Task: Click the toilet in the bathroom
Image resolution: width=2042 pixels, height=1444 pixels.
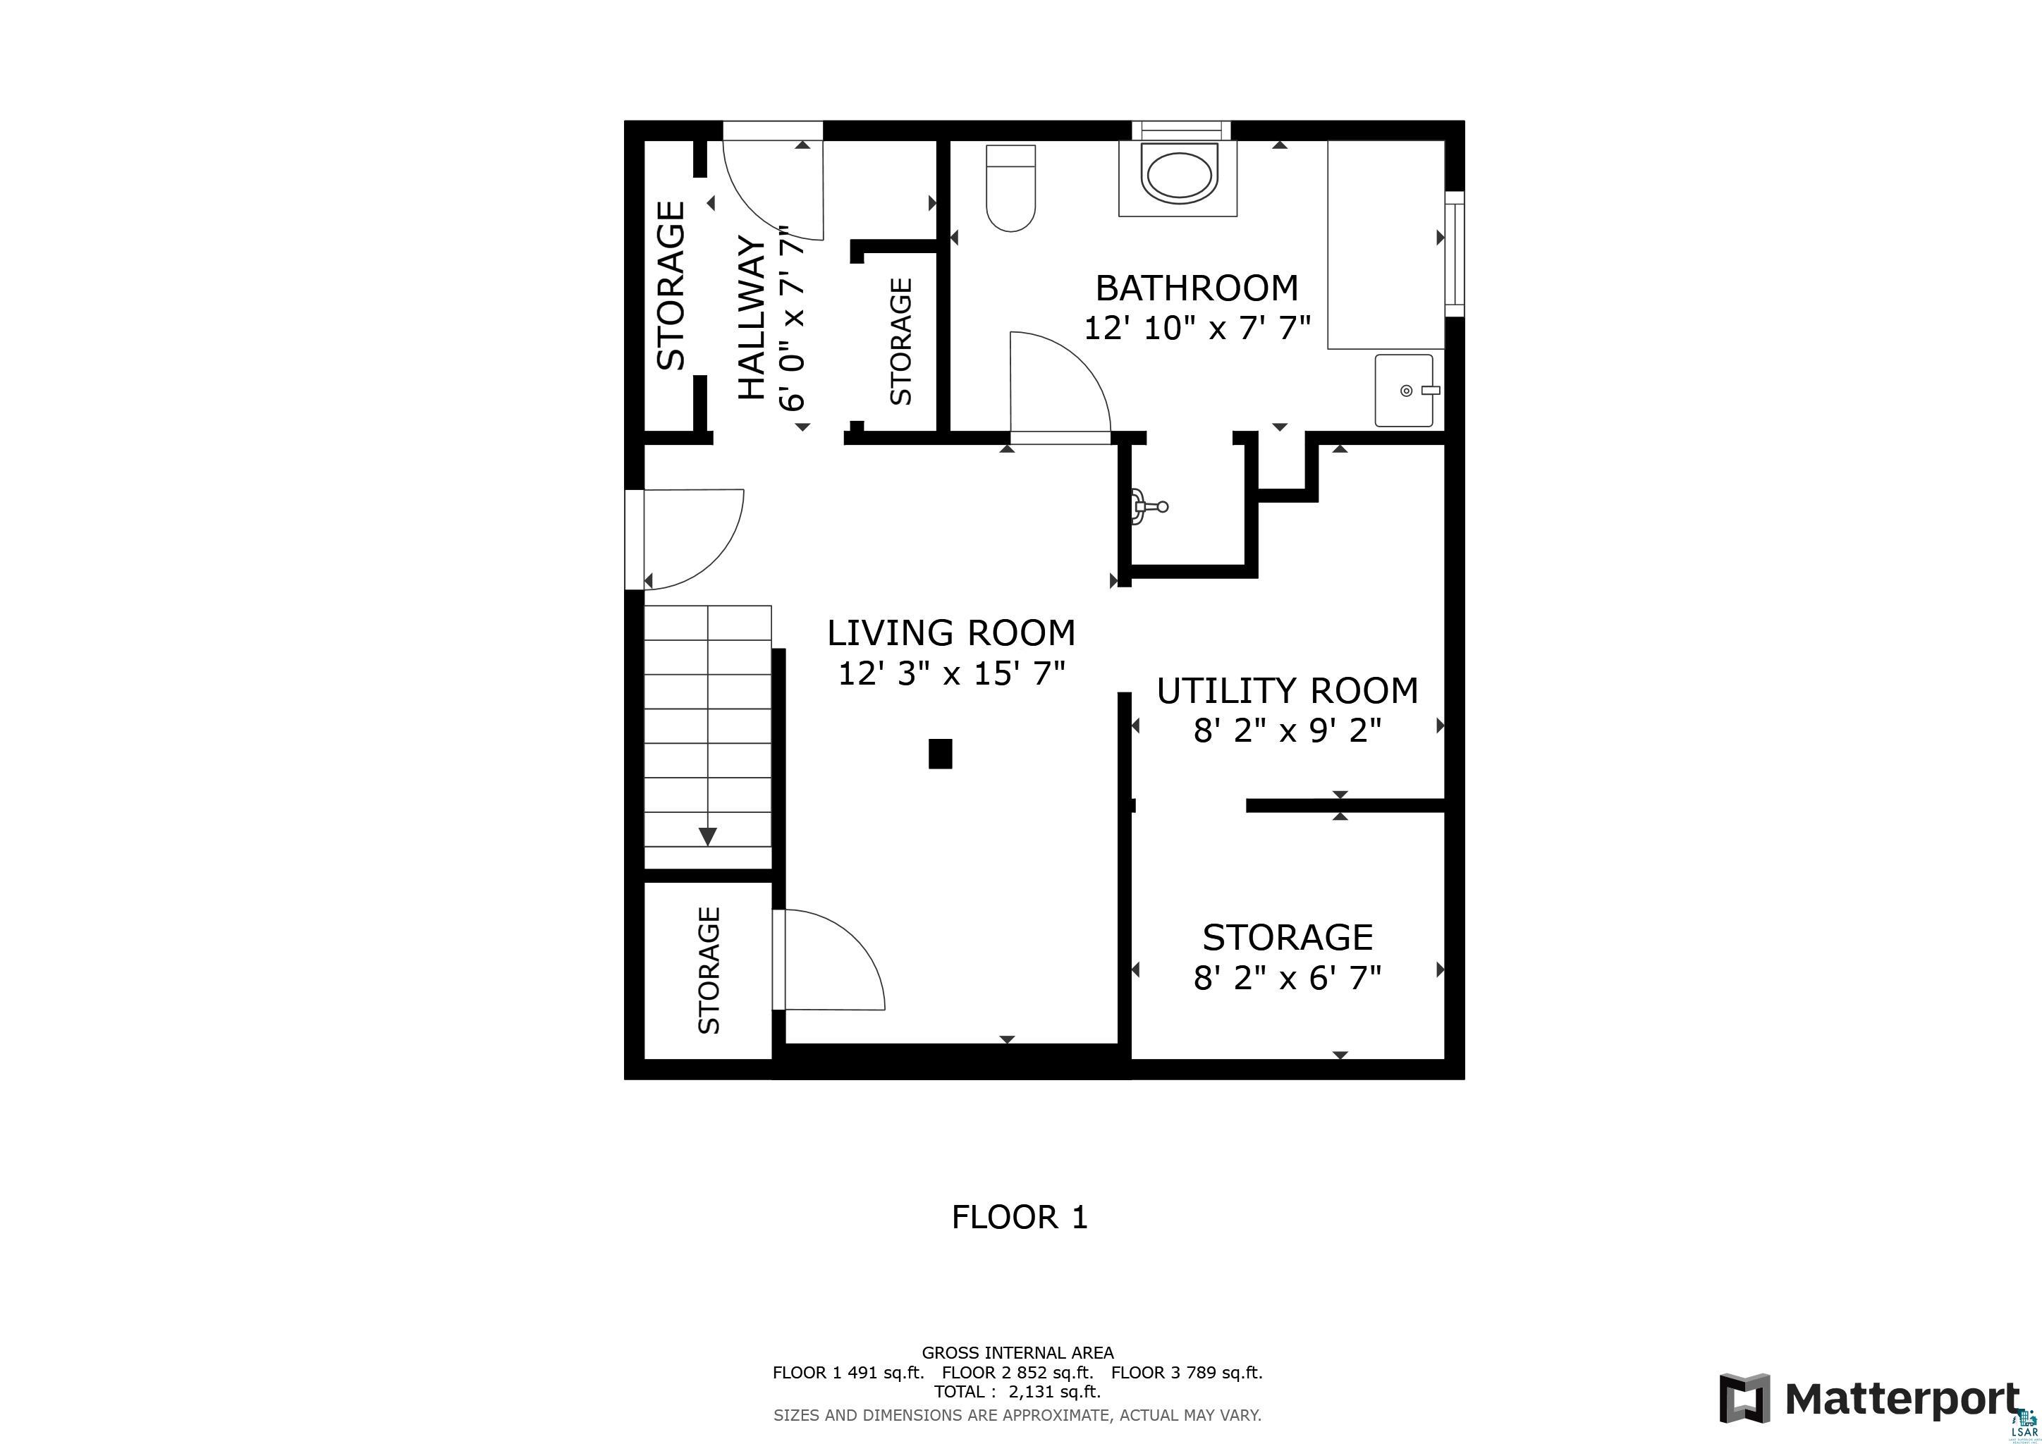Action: coord(1011,188)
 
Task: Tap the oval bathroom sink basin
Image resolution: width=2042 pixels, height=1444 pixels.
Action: coord(1178,177)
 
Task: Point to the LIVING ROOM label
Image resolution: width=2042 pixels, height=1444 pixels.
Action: coord(950,633)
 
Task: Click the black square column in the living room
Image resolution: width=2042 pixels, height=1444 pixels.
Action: coord(940,753)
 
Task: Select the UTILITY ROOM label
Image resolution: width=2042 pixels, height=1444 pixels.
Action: coord(1286,691)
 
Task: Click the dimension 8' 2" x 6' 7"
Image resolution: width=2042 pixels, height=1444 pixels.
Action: coord(1286,978)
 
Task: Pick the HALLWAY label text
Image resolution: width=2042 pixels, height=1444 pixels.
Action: coord(752,317)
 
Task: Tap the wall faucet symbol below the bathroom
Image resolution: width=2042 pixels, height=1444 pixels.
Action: coord(1149,507)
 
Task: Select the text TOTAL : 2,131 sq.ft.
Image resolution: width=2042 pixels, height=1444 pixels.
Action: coord(1017,1392)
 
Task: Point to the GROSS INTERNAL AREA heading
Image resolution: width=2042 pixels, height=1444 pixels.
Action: coord(1017,1352)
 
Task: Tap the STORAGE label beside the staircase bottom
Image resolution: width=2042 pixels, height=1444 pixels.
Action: coord(709,970)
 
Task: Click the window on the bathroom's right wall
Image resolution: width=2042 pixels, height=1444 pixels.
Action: coord(1453,253)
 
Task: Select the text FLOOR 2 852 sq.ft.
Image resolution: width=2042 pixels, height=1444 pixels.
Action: coord(1017,1372)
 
